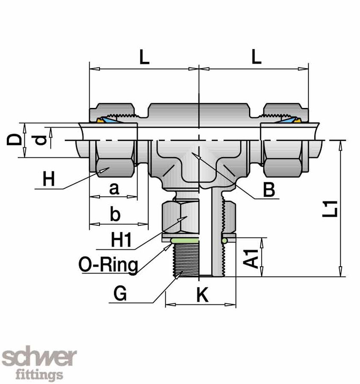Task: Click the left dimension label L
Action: point(144,58)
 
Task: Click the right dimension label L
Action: point(256,58)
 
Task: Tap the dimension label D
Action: point(14,140)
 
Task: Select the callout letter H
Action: point(49,180)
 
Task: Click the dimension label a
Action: point(114,189)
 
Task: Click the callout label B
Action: point(269,190)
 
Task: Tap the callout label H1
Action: point(120,240)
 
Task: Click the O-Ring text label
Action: point(108,265)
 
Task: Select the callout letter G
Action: point(120,294)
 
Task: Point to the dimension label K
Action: point(202,295)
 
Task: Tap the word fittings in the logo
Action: point(39,375)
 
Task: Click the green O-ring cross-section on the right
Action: point(224,241)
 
